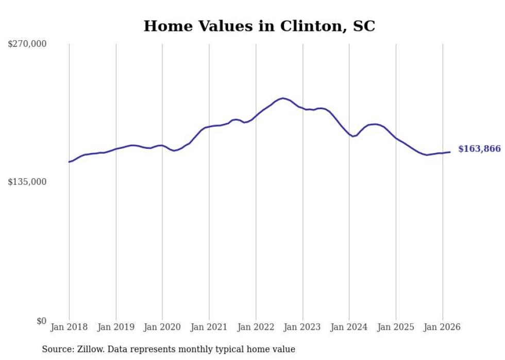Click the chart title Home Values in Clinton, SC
259,26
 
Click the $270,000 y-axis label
27,44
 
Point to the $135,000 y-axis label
27,182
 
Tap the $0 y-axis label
41,321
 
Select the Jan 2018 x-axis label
69,327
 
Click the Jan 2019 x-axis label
116,327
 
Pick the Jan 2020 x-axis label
162,327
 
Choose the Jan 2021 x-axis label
209,327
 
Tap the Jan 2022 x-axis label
256,327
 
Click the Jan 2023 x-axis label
302,327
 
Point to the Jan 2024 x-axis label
349,327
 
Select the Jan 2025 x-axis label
396,327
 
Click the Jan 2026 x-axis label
442,327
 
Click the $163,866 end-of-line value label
479,149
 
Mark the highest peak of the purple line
283,98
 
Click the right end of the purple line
450,152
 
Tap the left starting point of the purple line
69,162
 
